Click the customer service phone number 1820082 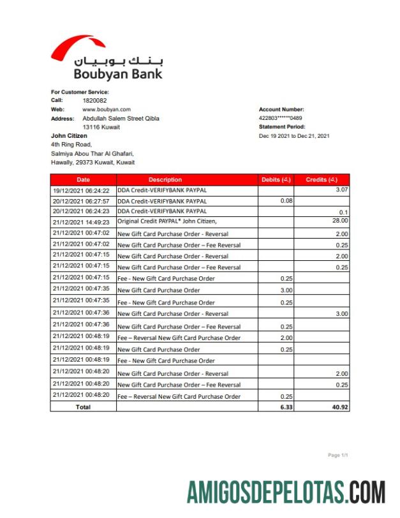[94, 101]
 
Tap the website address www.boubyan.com [107, 110]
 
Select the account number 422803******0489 [281, 118]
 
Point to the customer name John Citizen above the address [69, 135]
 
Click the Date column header [83, 180]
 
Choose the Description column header [165, 180]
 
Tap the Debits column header [276, 180]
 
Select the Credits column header [322, 180]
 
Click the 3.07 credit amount [341, 190]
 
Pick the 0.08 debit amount [286, 200]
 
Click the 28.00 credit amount [340, 221]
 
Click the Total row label [83, 406]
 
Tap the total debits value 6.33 [286, 406]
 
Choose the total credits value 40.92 [340, 406]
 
